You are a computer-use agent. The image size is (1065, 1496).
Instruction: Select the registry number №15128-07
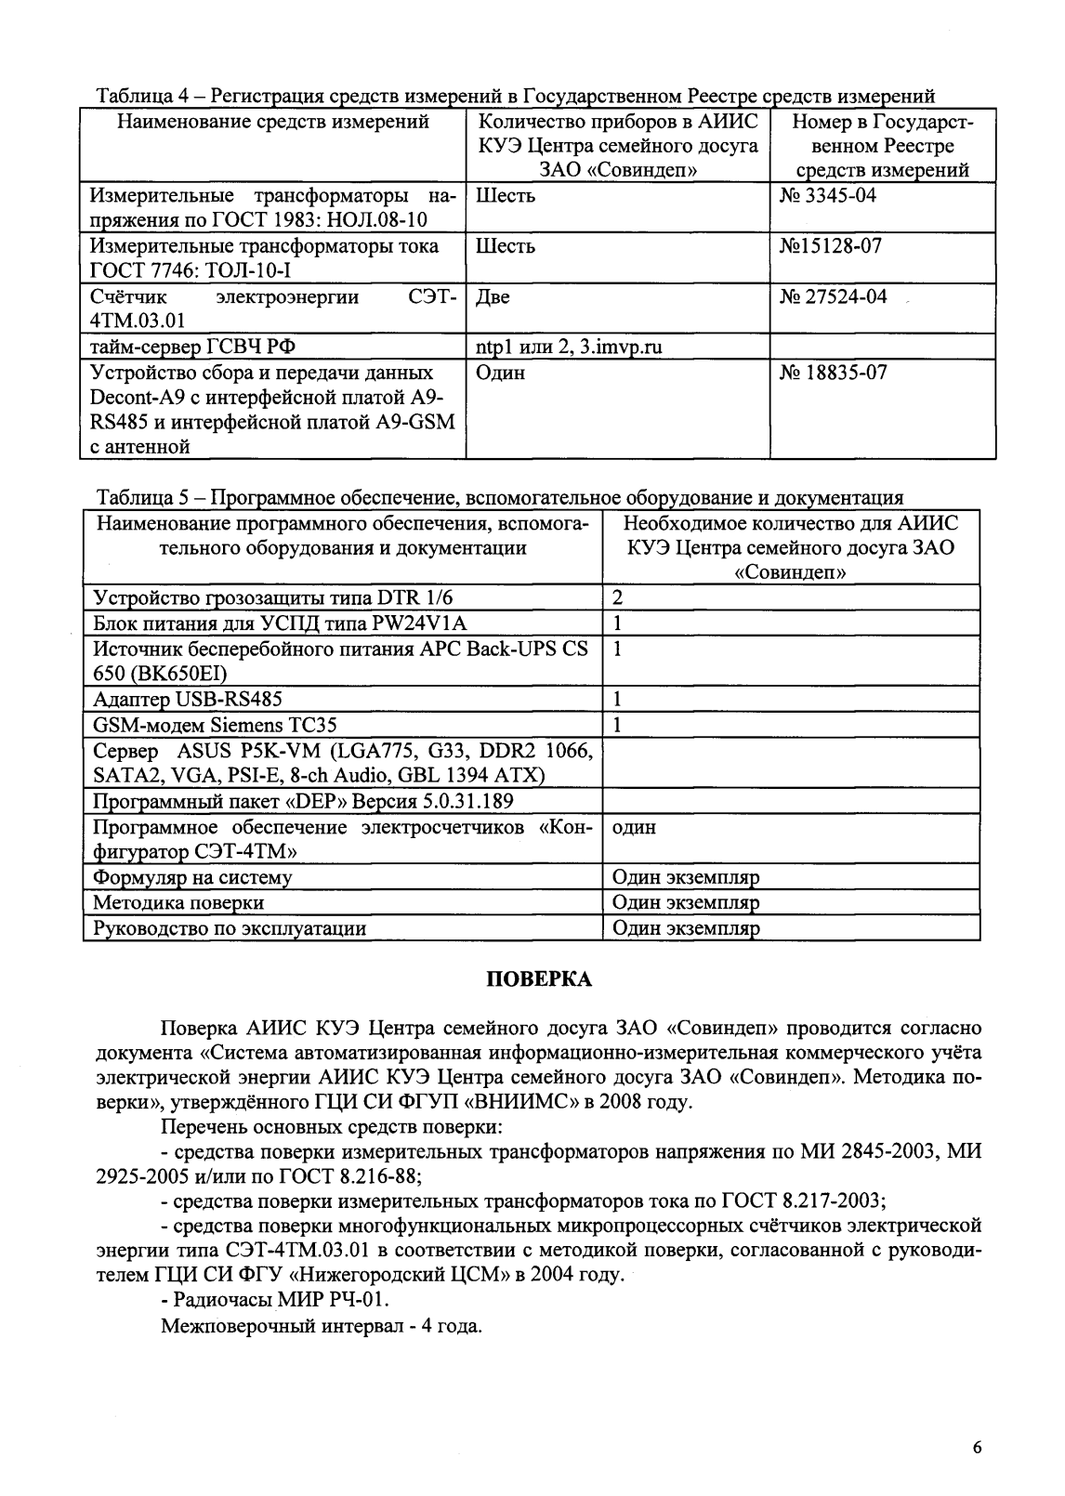831,246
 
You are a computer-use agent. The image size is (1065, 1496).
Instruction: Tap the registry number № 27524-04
832,296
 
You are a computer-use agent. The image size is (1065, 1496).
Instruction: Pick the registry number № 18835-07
832,373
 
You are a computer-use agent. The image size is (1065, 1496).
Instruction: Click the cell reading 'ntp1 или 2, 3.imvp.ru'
569,348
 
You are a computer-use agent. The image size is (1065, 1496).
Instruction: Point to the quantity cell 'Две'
493,297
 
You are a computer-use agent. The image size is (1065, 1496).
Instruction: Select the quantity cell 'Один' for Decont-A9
500,373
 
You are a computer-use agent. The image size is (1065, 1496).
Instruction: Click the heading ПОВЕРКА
540,978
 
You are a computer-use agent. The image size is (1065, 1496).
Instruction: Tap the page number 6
976,1448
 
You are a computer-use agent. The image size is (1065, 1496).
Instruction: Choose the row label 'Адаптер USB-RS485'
188,699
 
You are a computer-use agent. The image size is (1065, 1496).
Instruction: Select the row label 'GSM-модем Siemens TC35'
215,725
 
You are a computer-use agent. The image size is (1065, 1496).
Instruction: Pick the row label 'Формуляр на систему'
192,877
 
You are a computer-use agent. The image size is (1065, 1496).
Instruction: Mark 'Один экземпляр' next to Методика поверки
686,902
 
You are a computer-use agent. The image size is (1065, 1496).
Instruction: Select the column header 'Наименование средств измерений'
272,122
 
